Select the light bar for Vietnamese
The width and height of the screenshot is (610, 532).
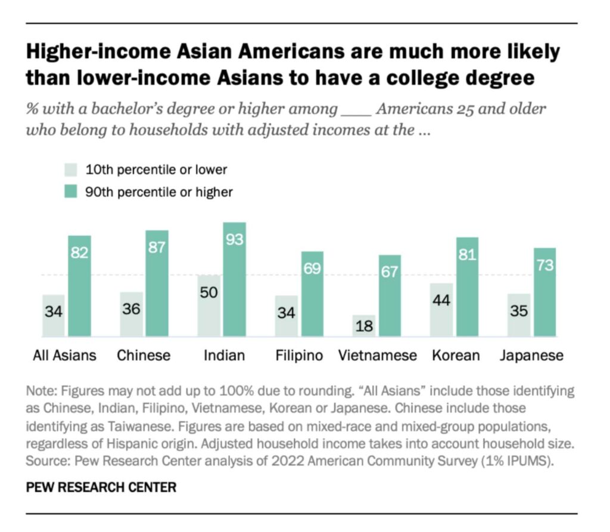click(x=365, y=326)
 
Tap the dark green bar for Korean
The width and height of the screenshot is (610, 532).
click(x=467, y=287)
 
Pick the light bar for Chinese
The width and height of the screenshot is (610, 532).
click(x=131, y=314)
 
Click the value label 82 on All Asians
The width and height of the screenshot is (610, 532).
click(x=79, y=252)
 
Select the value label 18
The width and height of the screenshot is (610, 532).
click(x=365, y=327)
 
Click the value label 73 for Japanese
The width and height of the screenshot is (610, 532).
click(x=544, y=265)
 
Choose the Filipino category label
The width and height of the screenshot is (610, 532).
click(x=299, y=355)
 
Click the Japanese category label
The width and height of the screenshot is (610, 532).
click(x=531, y=355)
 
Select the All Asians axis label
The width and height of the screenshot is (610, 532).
click(x=64, y=355)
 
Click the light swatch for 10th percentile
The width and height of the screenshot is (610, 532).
click(x=71, y=170)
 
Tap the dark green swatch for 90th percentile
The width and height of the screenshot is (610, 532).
click(x=71, y=191)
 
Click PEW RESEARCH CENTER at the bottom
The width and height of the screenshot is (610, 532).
click(x=101, y=487)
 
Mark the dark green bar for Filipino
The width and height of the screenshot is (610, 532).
click(x=312, y=293)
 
